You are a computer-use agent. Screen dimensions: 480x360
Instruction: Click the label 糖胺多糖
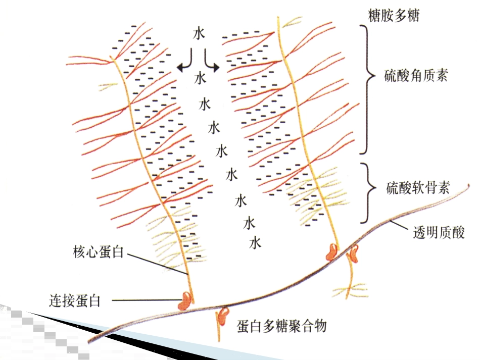[x=394, y=15]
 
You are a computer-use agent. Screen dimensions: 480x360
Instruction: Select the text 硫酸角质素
[x=416, y=75]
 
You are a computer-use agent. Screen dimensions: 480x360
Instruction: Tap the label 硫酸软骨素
[x=418, y=187]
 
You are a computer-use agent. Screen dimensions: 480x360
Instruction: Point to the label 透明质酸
[x=439, y=232]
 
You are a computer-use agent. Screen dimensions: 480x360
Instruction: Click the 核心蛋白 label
[x=98, y=252]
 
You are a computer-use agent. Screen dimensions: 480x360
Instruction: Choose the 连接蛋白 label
[x=75, y=301]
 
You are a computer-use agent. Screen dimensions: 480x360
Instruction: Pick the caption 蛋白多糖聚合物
[x=281, y=326]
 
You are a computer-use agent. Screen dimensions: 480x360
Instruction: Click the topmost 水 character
[x=199, y=33]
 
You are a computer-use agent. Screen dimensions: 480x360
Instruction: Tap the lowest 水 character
[x=255, y=243]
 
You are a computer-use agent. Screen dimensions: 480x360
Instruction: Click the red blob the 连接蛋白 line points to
[x=185, y=300]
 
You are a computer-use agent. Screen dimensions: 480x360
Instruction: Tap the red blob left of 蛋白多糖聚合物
[x=223, y=316]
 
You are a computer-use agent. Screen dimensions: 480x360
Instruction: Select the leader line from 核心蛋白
[x=157, y=264]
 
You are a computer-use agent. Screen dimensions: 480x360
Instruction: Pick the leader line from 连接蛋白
[x=147, y=300]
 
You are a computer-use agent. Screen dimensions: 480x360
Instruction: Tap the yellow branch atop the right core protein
[x=292, y=22]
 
